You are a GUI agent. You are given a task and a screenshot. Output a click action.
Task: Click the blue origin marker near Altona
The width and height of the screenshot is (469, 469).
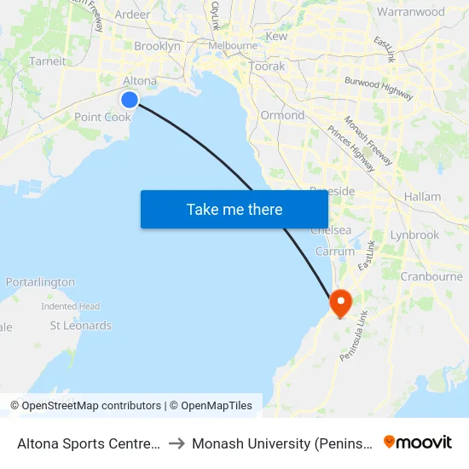click(x=130, y=100)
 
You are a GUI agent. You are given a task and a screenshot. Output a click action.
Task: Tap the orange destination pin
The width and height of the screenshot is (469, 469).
click(x=340, y=302)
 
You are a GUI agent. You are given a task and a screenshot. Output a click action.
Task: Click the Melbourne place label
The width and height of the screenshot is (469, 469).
click(x=233, y=45)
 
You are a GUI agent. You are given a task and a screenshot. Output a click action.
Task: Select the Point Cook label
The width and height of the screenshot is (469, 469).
click(x=102, y=117)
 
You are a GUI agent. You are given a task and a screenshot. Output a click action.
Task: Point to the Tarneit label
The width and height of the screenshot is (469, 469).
click(x=47, y=61)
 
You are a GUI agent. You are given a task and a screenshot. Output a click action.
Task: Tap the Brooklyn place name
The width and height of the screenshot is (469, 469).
click(x=157, y=46)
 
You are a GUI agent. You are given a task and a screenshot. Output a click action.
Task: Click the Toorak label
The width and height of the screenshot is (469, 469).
click(x=267, y=66)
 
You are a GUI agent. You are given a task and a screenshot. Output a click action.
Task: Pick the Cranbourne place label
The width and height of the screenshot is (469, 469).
click(x=431, y=276)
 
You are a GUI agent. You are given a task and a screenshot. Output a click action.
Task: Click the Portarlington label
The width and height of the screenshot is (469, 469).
click(x=40, y=282)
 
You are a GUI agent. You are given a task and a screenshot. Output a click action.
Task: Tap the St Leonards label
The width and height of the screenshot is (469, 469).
click(x=80, y=326)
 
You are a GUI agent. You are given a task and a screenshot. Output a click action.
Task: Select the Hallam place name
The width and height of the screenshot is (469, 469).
click(x=422, y=196)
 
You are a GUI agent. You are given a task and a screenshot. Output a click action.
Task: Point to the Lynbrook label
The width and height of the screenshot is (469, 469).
click(x=414, y=234)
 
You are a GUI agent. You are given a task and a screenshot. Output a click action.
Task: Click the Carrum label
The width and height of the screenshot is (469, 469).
click(x=334, y=252)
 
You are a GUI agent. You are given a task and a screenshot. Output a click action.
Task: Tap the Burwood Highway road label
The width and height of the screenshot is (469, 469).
click(x=379, y=88)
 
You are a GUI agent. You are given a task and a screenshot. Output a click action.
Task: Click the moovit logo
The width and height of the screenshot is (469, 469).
click(x=418, y=443)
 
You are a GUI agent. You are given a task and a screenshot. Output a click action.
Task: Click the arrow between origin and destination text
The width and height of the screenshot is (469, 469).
click(x=176, y=443)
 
